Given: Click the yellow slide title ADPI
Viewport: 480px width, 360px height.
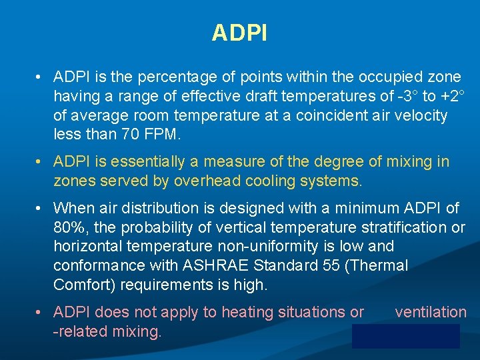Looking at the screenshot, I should [x=239, y=33].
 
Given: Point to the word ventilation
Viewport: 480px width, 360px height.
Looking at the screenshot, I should [x=431, y=312].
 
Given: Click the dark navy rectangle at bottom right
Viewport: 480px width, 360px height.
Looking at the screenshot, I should [x=406, y=336].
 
